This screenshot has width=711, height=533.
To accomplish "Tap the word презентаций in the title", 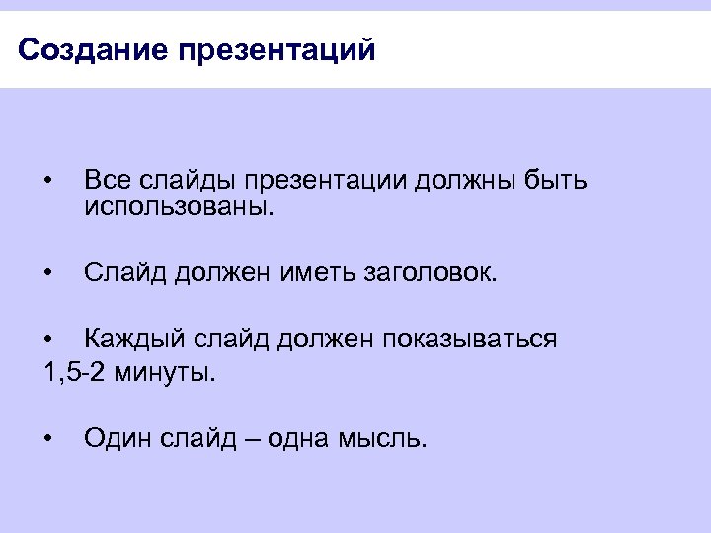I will [277, 49].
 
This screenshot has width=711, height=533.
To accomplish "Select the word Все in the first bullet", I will [106, 181].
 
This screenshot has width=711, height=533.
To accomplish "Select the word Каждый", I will [126, 340].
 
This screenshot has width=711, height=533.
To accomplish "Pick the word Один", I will [117, 438].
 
